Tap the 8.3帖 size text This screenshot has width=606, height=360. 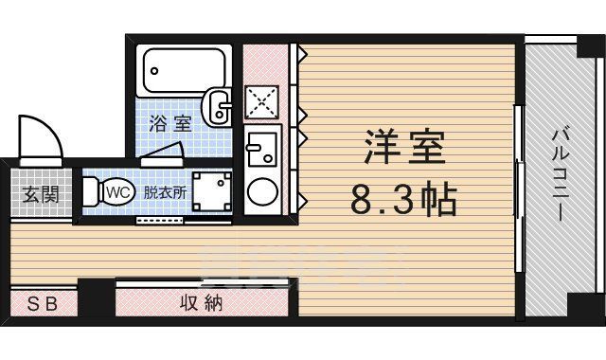pos(404,199)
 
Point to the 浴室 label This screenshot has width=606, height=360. pos(171,123)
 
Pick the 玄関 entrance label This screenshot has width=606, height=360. pos(40,196)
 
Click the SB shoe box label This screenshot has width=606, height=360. pos(41,304)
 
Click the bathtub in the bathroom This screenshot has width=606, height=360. pos(186,69)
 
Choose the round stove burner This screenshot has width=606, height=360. pos(260,193)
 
